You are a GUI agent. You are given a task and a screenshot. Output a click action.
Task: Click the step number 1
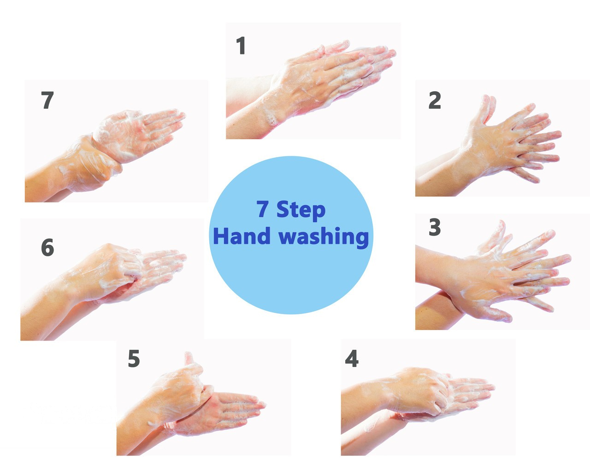[241, 46]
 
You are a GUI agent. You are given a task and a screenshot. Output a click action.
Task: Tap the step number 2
[435, 100]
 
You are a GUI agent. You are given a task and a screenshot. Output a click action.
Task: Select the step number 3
[435, 227]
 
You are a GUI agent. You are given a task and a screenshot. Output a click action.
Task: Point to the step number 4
[352, 358]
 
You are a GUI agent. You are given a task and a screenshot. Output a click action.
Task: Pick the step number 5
[134, 359]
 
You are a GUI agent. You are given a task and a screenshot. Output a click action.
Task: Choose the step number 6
[47, 247]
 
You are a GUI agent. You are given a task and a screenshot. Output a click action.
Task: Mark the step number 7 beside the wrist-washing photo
[47, 100]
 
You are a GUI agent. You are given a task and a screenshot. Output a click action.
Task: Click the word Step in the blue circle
[301, 210]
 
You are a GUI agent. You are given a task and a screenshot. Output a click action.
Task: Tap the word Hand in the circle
[242, 236]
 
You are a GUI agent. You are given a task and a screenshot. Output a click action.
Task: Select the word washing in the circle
[324, 237]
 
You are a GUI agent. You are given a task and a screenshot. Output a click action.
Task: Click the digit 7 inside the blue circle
[263, 209]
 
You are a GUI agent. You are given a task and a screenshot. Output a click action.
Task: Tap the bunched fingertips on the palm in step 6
[134, 271]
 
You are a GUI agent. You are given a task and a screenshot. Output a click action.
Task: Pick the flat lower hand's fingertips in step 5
[252, 406]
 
